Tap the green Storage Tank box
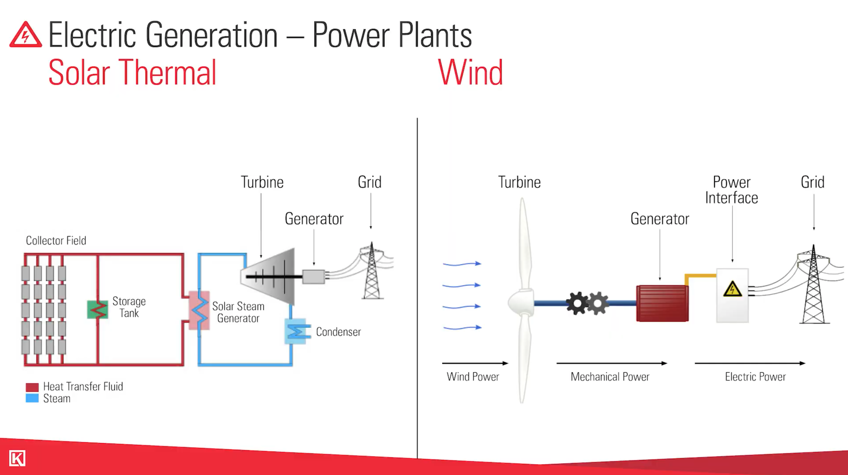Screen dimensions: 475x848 pyautogui.click(x=97, y=309)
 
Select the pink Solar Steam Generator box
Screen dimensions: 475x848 pyautogui.click(x=199, y=310)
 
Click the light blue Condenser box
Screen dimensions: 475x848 pyautogui.click(x=296, y=331)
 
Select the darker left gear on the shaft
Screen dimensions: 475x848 pyautogui.click(x=577, y=303)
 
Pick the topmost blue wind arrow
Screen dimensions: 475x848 pyautogui.click(x=462, y=264)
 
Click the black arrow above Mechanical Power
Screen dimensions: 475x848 pyautogui.click(x=611, y=363)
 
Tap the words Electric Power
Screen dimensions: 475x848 pyautogui.click(x=755, y=377)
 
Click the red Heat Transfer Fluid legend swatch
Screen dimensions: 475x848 pyautogui.click(x=32, y=387)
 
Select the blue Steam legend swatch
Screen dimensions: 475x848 pyautogui.click(x=32, y=398)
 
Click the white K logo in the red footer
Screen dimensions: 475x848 pyautogui.click(x=17, y=458)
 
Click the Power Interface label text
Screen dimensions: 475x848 pyautogui.click(x=731, y=190)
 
